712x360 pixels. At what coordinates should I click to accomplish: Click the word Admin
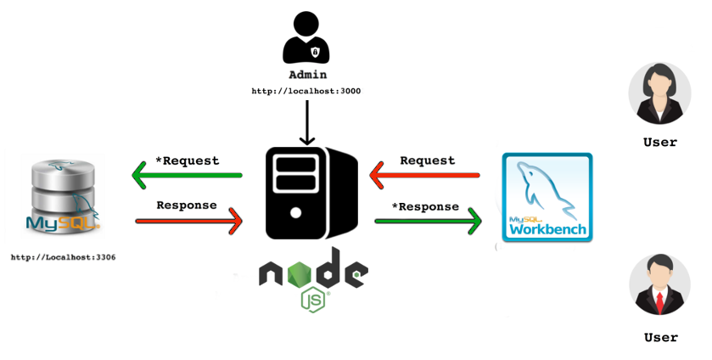pos(307,75)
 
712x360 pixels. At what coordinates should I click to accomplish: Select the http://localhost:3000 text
pos(306,90)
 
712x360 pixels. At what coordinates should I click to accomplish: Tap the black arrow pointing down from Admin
pos(306,123)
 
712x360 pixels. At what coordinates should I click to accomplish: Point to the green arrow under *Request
pos(187,176)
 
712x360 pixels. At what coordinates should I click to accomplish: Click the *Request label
pos(187,160)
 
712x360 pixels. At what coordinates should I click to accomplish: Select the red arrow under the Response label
pos(188,222)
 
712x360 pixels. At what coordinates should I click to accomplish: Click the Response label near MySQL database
pos(187,205)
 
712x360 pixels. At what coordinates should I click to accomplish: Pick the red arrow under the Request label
pos(425,176)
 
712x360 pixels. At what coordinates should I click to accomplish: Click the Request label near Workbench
pos(427,160)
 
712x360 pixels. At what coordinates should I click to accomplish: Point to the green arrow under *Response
pos(428,222)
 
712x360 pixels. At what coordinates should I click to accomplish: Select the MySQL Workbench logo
pos(547,197)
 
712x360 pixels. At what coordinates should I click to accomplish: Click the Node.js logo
pos(313,279)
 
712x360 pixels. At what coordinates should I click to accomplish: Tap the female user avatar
pos(659,93)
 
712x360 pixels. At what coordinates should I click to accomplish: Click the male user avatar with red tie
pos(659,285)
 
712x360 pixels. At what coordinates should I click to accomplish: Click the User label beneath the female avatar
pos(660,143)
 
